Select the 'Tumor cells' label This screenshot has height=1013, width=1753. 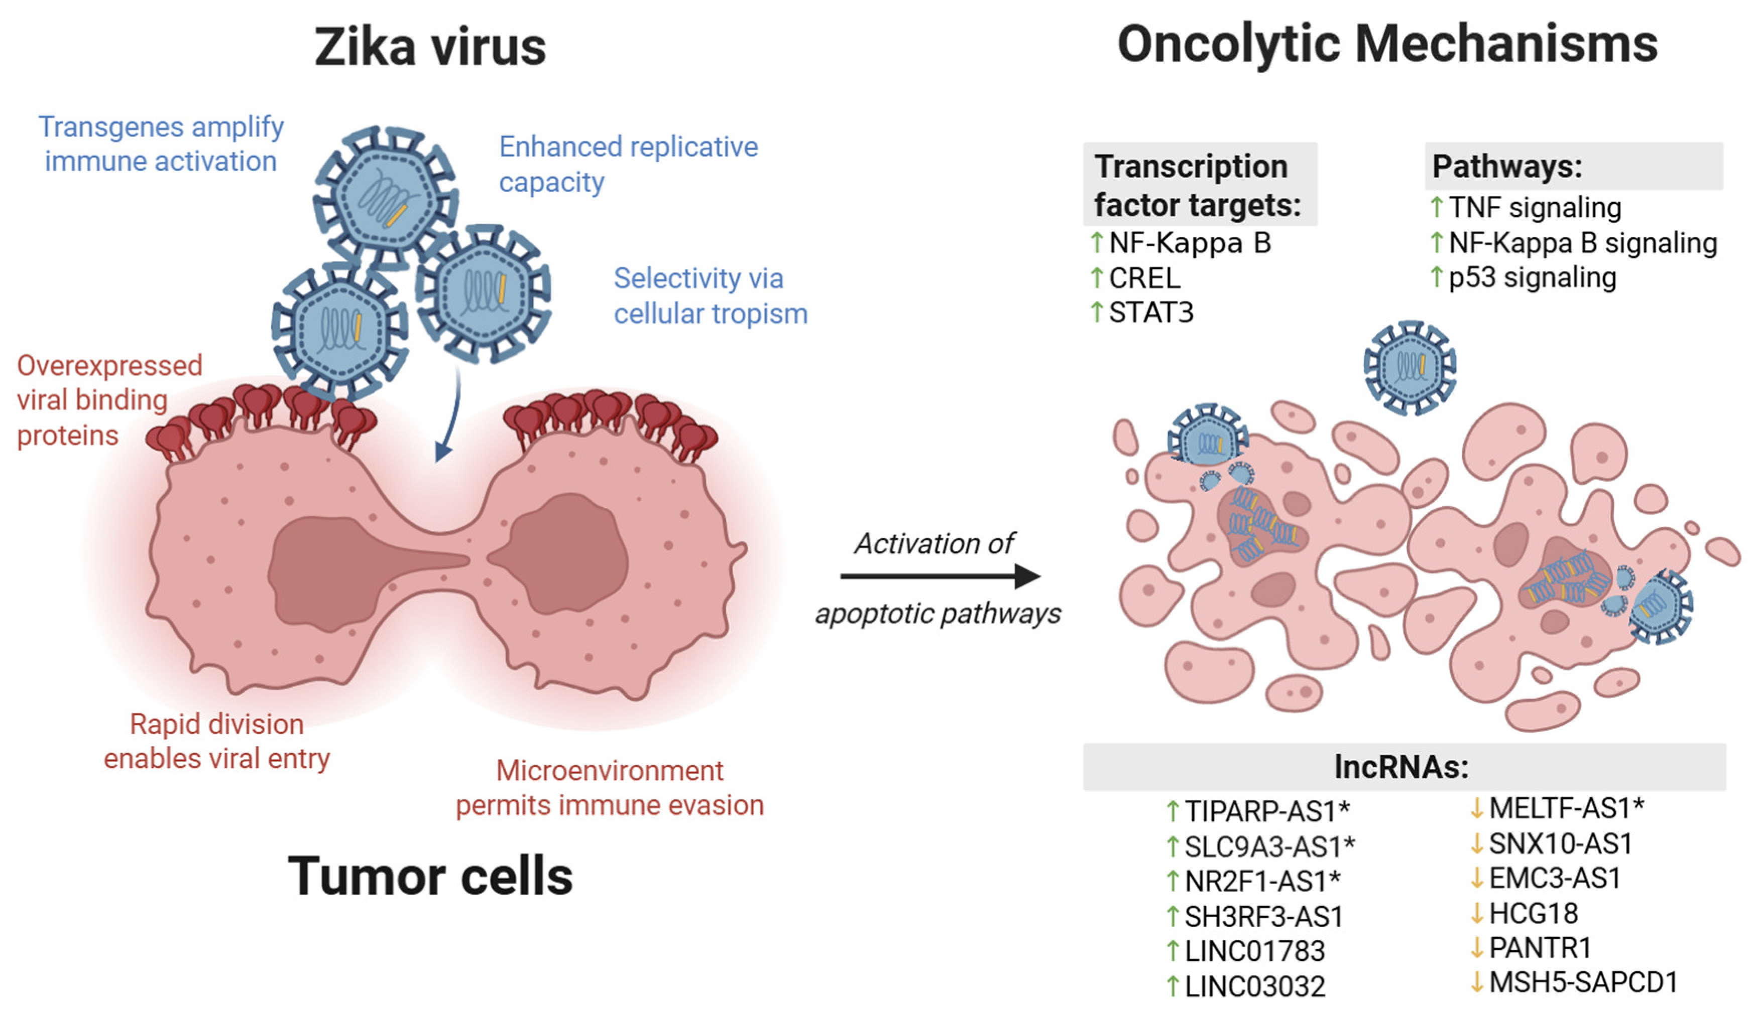coord(431,876)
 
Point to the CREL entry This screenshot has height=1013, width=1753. coord(1144,278)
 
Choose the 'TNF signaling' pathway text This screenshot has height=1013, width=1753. coord(1535,207)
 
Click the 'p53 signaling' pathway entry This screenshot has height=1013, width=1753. coord(1533,277)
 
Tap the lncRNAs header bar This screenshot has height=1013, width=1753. coord(1404,767)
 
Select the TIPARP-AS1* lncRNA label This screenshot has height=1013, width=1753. coord(1267,811)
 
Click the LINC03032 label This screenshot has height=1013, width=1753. coord(1254,986)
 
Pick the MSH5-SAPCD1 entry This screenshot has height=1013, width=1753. coord(1583,982)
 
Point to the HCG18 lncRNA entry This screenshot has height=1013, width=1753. coord(1533,913)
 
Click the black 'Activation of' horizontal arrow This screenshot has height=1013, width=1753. coord(941,575)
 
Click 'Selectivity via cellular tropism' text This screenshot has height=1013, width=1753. coord(710,296)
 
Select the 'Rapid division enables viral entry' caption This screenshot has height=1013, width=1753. coord(216,741)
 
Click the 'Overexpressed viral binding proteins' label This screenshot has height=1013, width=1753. coord(109,400)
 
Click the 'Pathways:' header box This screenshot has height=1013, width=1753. coord(1574,166)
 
